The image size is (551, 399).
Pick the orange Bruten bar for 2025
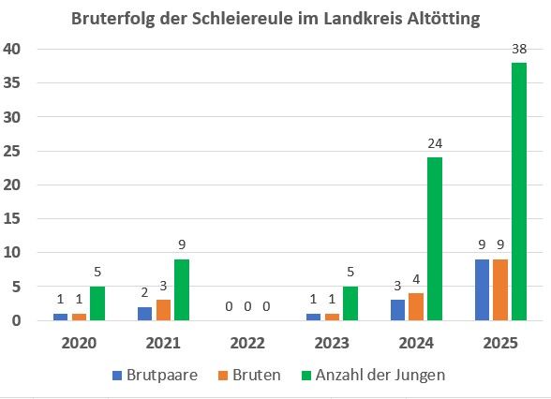click(501, 289)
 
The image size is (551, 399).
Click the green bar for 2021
click(181, 289)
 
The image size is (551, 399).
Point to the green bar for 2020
click(97, 303)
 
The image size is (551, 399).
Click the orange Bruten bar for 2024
click(416, 307)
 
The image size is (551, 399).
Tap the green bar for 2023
click(350, 303)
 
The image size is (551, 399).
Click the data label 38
click(518, 49)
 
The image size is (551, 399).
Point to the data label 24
click(434, 144)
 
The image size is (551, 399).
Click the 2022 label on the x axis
click(247, 342)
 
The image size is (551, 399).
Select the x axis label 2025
click(500, 342)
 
